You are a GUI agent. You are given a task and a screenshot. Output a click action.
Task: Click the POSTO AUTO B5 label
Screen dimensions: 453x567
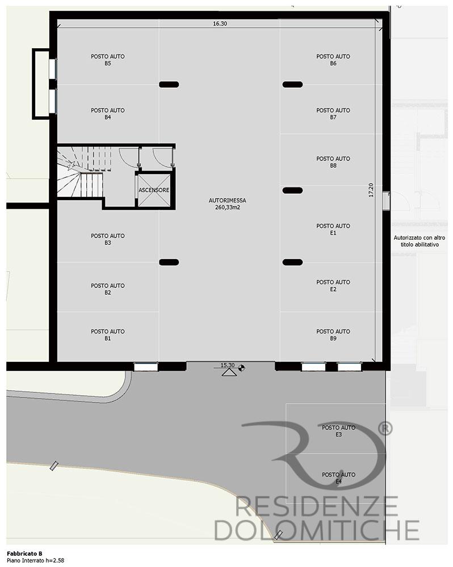click(x=107, y=60)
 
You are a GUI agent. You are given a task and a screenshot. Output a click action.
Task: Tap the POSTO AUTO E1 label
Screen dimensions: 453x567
click(x=333, y=229)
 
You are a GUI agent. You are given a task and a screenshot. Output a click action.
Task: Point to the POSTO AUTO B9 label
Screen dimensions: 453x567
click(x=333, y=335)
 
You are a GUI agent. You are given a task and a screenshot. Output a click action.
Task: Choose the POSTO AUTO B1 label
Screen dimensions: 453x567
click(x=107, y=335)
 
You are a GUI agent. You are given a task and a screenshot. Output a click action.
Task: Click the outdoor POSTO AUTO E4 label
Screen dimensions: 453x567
click(x=338, y=477)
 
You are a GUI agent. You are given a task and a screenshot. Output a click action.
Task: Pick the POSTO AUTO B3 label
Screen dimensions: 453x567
click(x=107, y=239)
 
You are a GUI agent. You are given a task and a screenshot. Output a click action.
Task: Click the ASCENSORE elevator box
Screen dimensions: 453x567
click(x=154, y=191)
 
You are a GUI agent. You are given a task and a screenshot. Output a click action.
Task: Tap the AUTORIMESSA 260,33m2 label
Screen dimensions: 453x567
click(x=228, y=204)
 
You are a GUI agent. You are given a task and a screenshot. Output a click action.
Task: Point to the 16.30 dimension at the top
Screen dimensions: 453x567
click(x=220, y=23)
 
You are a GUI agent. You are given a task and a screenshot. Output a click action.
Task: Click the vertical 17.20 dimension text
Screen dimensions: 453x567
click(x=371, y=190)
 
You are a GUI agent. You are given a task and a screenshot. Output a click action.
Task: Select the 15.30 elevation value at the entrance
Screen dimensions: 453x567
click(x=228, y=365)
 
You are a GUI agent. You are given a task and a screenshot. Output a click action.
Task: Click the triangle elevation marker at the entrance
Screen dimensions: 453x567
click(x=229, y=373)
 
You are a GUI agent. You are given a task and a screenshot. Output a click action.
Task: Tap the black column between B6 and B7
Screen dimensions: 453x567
click(x=292, y=84)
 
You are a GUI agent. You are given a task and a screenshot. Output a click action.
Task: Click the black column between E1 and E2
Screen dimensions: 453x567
click(x=292, y=262)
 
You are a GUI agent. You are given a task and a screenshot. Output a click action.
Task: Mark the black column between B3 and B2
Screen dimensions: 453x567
click(x=169, y=262)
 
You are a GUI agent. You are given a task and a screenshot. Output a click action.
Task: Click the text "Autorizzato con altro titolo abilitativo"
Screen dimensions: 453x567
click(x=420, y=241)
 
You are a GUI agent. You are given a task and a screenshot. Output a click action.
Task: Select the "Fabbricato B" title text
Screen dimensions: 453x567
click(x=24, y=553)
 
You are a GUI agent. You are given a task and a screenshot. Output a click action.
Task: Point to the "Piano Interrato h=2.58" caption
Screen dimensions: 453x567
click(x=36, y=561)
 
